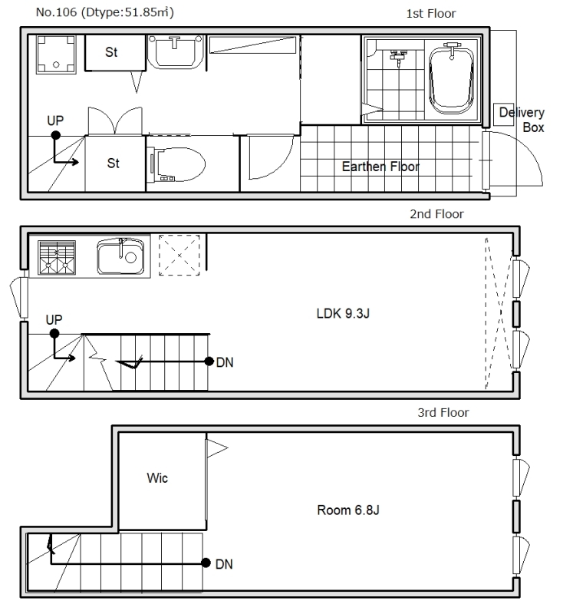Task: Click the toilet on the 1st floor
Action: click(x=177, y=164)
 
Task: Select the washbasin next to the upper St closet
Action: click(x=175, y=51)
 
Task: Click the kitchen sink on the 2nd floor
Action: click(x=120, y=256)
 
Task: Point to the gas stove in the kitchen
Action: click(x=57, y=257)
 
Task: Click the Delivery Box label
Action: click(x=522, y=120)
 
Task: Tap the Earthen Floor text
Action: click(x=380, y=167)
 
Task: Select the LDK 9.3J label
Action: click(x=343, y=313)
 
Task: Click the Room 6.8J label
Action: click(x=347, y=510)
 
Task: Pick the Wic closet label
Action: click(x=157, y=477)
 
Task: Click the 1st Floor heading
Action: click(x=431, y=14)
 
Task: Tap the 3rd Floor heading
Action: click(x=443, y=412)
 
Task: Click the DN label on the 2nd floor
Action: click(x=225, y=362)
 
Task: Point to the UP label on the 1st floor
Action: click(x=55, y=120)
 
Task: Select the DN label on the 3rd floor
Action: click(x=224, y=564)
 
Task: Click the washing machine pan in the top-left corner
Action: click(x=56, y=54)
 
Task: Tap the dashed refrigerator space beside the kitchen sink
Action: click(x=179, y=255)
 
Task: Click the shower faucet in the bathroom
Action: click(x=398, y=57)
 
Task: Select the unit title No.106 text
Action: click(x=56, y=12)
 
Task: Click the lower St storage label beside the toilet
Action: click(x=113, y=163)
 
